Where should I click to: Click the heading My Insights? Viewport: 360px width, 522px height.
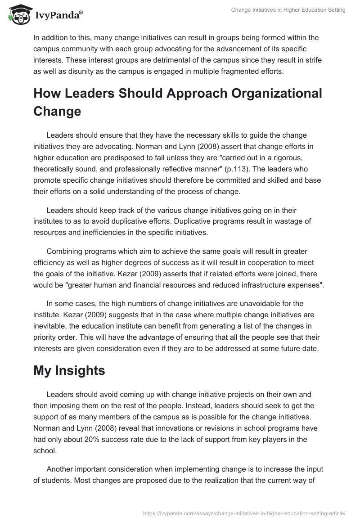[x=69, y=371]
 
